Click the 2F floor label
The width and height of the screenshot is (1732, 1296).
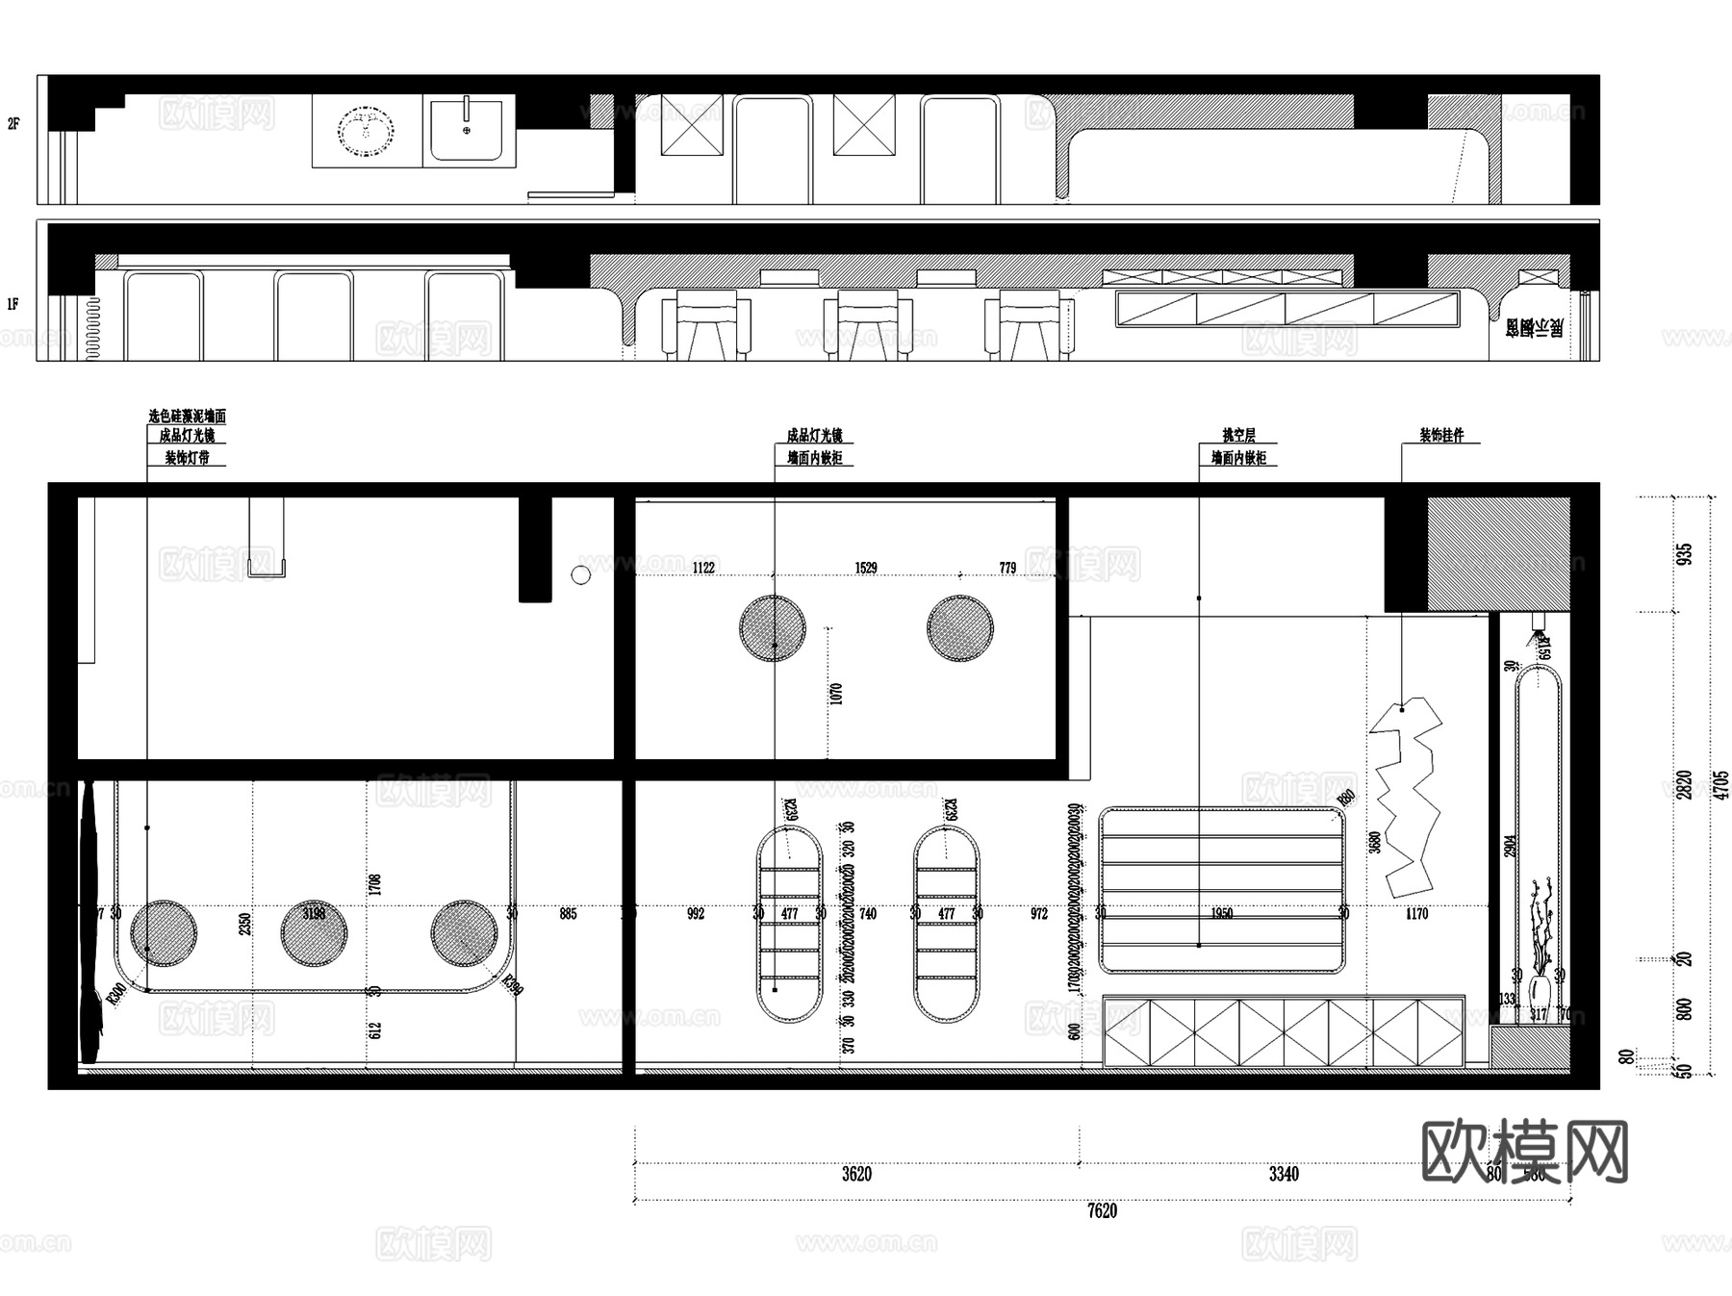click(13, 123)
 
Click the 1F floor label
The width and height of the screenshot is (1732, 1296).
click(13, 304)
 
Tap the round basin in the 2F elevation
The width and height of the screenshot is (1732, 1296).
click(366, 130)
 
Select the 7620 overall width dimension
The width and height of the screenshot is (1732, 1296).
click(1102, 1211)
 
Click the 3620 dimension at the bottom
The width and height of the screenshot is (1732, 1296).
click(856, 1174)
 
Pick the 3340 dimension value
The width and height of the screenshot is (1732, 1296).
click(1284, 1174)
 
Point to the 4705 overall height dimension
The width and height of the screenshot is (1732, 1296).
click(1720, 784)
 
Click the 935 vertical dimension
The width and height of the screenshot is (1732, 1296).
click(1684, 554)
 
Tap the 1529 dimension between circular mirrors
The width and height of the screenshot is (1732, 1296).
click(866, 568)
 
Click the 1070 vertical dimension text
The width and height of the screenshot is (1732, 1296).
click(835, 693)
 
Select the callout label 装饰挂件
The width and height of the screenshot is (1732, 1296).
click(1441, 436)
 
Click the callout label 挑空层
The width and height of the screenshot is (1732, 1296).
click(1238, 436)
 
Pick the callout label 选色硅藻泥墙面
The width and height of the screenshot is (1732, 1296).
click(187, 417)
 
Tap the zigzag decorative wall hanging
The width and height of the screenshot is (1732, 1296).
click(1407, 799)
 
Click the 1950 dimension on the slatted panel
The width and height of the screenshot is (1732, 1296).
click(1221, 913)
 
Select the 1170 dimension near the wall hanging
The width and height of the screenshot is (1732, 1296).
click(1416, 913)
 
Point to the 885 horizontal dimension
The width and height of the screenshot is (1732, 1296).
click(568, 913)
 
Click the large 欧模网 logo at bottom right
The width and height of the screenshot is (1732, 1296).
click(1524, 1152)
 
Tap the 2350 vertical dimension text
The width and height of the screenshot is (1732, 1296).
click(244, 924)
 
